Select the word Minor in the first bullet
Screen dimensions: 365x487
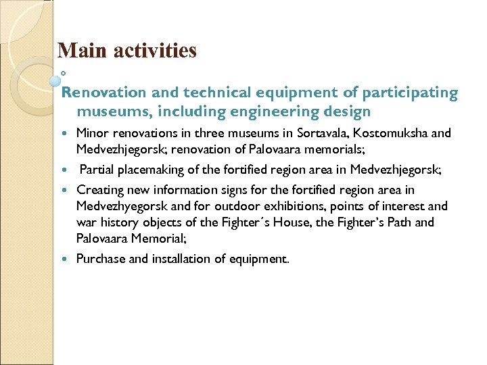point(91,133)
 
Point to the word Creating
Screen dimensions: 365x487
point(98,190)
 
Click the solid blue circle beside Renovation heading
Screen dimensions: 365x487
point(56,80)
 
